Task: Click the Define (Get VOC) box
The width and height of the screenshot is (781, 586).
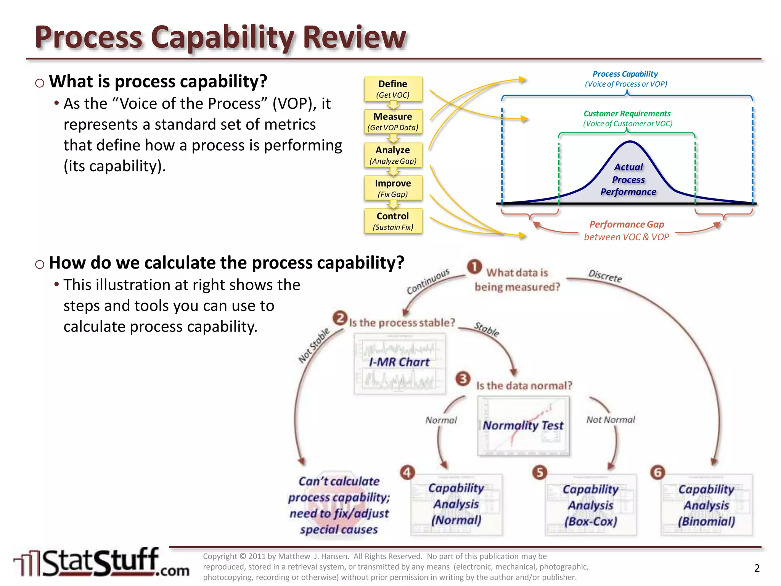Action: [393, 89]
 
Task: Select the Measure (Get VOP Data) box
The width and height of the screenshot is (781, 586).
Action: [393, 122]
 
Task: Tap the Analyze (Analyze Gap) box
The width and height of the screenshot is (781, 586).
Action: [393, 155]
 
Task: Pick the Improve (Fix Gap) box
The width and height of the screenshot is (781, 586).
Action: [393, 188]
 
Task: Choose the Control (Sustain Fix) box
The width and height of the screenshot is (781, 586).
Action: [393, 221]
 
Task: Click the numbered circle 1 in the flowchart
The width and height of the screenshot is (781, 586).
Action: [474, 267]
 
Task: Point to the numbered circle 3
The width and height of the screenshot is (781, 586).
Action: [463, 379]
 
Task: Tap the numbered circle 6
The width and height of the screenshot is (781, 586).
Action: [657, 473]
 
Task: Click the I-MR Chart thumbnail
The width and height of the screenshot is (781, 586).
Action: [400, 364]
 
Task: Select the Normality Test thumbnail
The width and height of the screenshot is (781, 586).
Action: [523, 426]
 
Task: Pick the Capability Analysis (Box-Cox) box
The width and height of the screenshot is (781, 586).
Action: [591, 505]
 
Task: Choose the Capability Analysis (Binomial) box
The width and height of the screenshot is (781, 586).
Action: [707, 505]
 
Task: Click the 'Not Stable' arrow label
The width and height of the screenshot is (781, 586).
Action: [313, 346]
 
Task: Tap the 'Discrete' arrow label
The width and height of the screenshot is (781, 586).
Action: [605, 276]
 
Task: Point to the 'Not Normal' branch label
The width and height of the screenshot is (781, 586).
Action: [611, 420]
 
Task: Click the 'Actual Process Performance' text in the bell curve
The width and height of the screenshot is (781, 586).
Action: [628, 179]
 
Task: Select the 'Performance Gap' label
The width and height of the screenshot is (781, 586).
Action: [627, 225]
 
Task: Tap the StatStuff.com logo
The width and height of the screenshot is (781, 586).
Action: [101, 562]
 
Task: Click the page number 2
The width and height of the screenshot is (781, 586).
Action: [757, 568]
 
